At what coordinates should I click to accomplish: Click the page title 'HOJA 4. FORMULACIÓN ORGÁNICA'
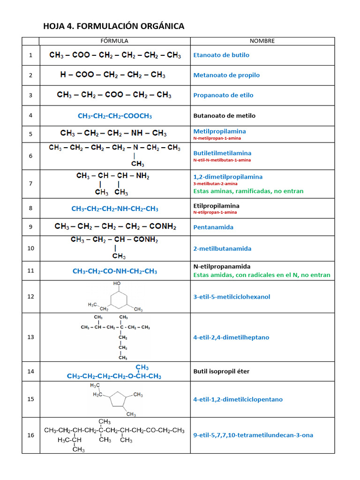click(114, 26)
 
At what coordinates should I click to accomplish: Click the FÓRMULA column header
click(115, 41)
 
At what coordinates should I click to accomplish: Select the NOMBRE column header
click(262, 41)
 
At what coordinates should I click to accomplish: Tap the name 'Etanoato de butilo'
click(221, 55)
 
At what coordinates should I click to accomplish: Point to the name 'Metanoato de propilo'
click(226, 75)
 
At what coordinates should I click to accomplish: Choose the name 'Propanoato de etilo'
click(223, 95)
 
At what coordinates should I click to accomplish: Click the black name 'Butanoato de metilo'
click(225, 115)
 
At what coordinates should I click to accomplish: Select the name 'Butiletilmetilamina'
click(222, 153)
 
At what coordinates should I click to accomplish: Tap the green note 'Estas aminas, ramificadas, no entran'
click(248, 191)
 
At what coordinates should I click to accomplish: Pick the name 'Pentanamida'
click(213, 227)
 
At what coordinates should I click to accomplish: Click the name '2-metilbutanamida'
click(222, 248)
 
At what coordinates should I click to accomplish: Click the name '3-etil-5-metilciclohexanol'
click(232, 297)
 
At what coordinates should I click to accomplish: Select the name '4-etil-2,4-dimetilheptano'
click(231, 337)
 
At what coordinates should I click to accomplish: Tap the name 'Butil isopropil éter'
click(221, 372)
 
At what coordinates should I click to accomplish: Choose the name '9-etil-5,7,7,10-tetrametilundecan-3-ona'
click(253, 435)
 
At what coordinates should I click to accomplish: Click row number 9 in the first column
click(30, 227)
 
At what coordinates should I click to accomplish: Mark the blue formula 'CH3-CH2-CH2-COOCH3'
click(115, 116)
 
